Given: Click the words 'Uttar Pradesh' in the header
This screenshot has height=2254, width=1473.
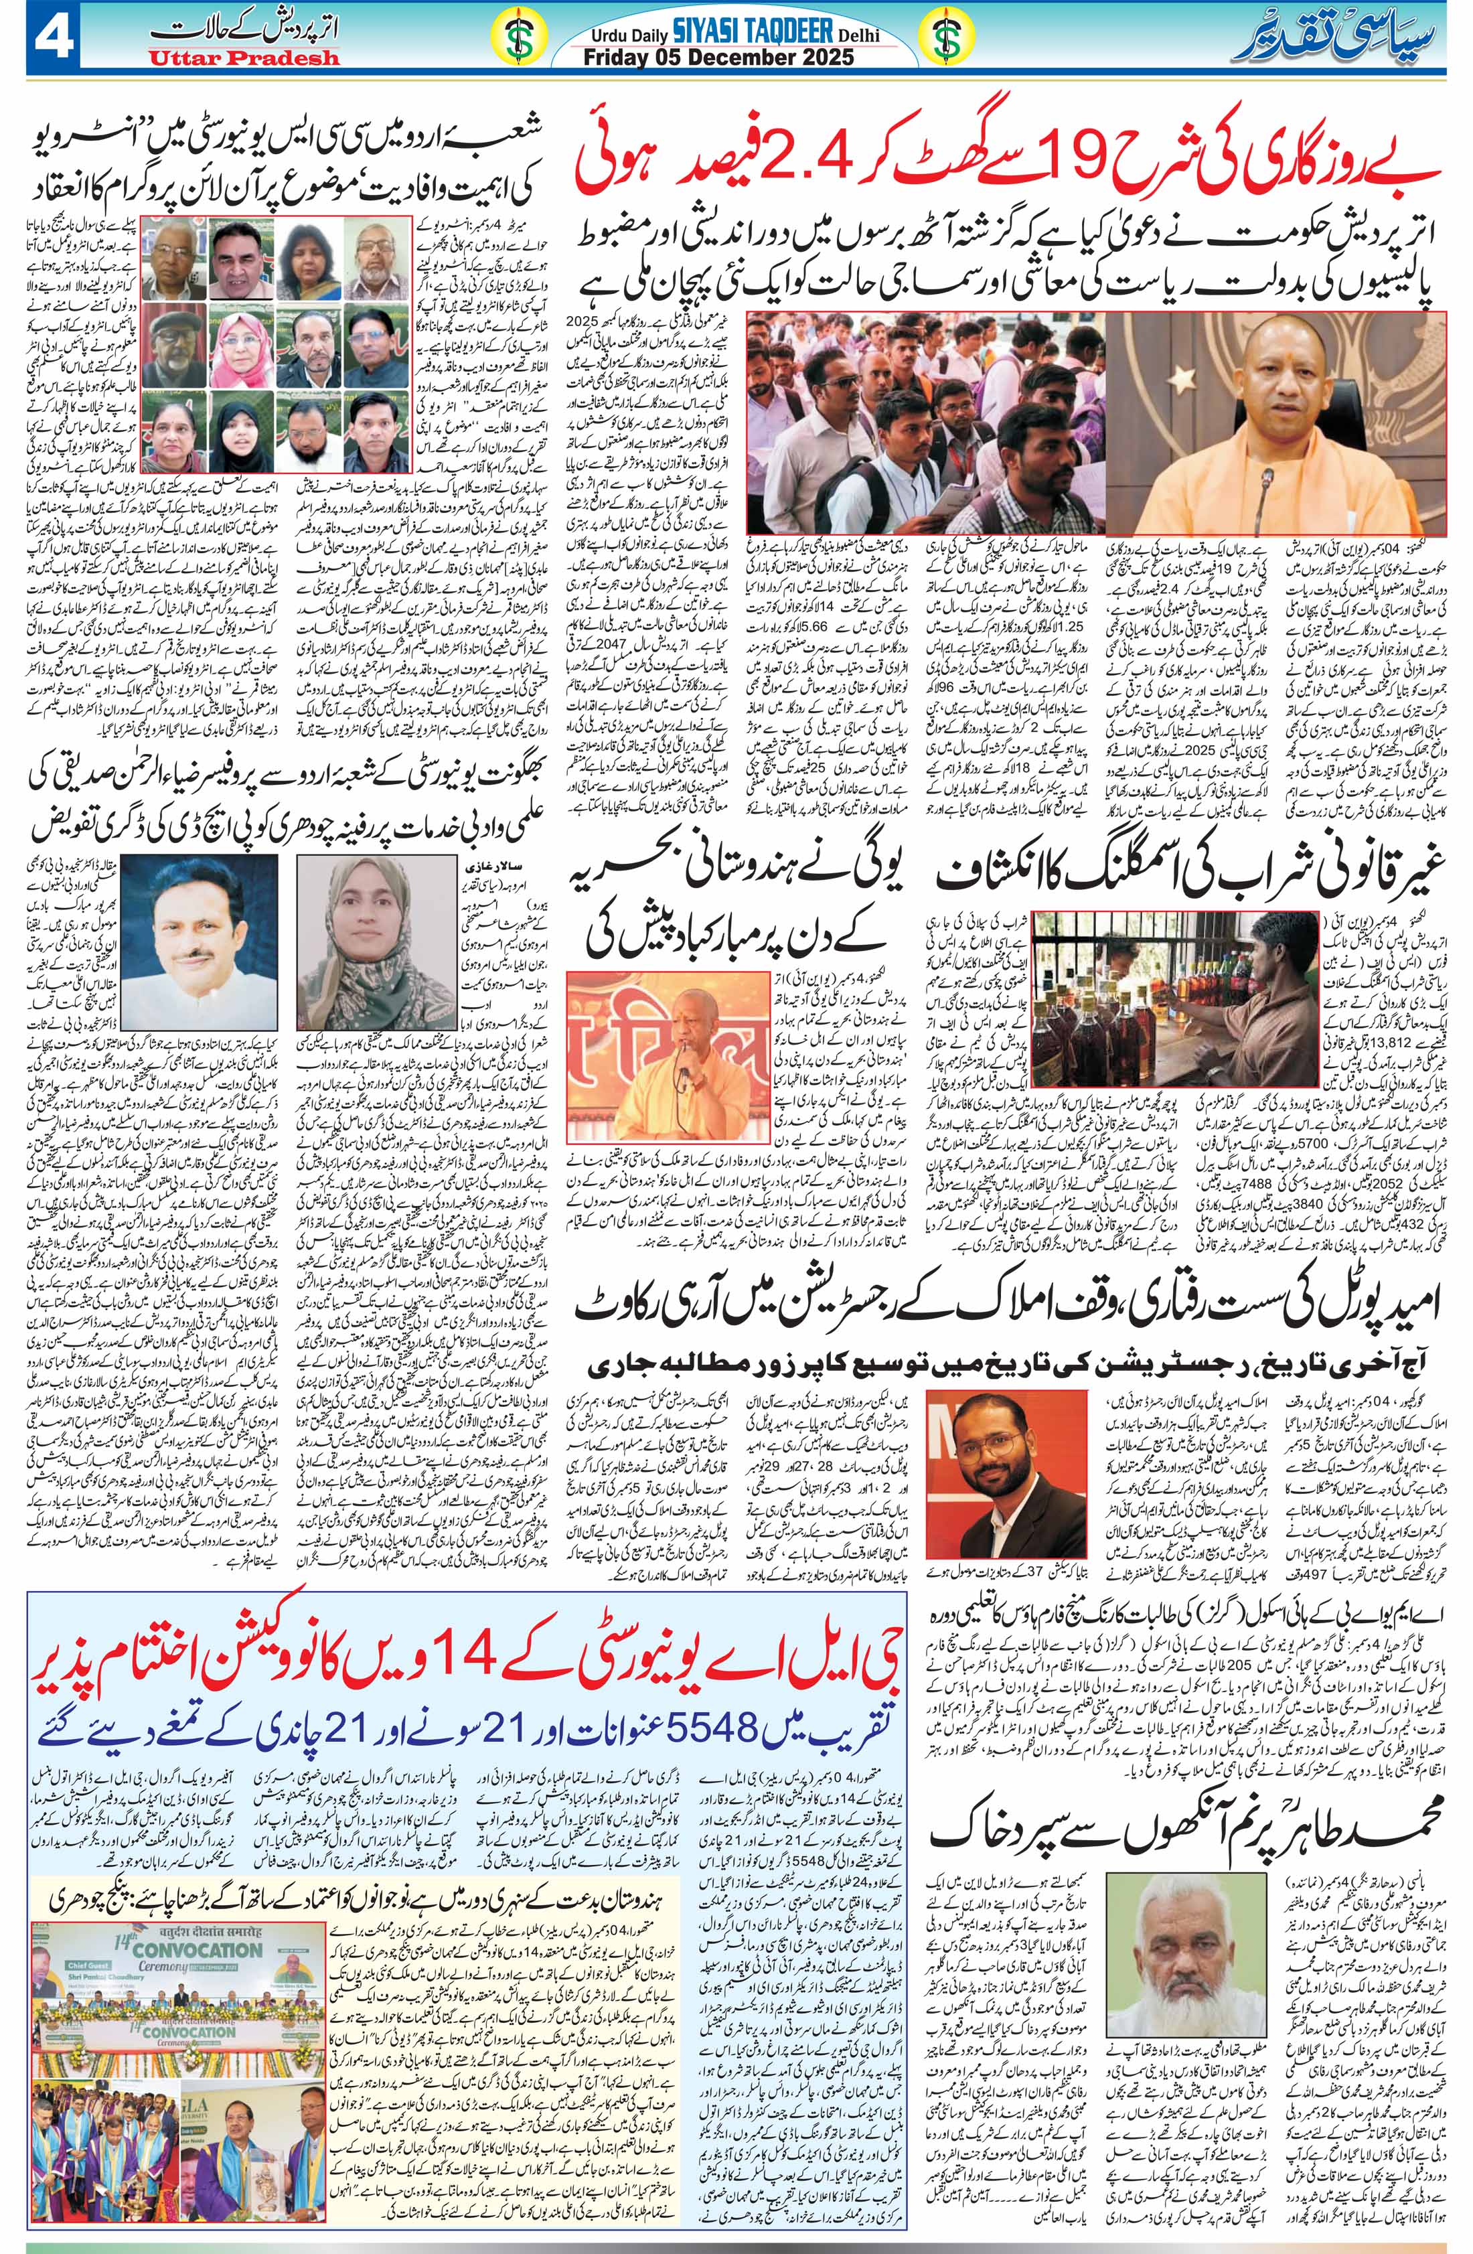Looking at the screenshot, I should pos(242,60).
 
